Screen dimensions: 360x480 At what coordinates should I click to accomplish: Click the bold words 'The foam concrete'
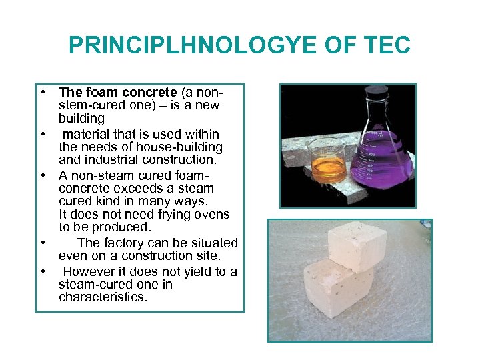click(x=117, y=91)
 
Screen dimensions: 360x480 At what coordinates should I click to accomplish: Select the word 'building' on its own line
click(x=81, y=119)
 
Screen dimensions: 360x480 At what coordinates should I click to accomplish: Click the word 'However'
click(x=90, y=271)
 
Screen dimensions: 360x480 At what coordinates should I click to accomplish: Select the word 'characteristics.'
click(x=103, y=297)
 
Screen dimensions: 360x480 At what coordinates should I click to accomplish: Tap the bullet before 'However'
click(x=42, y=271)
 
